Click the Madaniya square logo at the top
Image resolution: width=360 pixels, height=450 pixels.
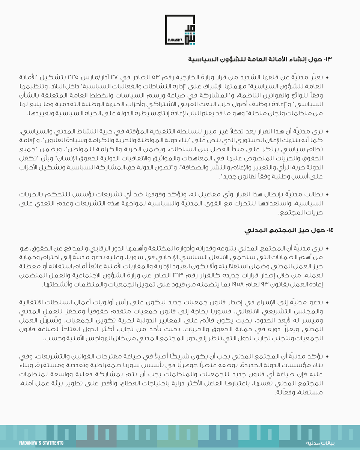(x=179, y=30)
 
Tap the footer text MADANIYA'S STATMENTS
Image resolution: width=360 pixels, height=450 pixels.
(x=41, y=443)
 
